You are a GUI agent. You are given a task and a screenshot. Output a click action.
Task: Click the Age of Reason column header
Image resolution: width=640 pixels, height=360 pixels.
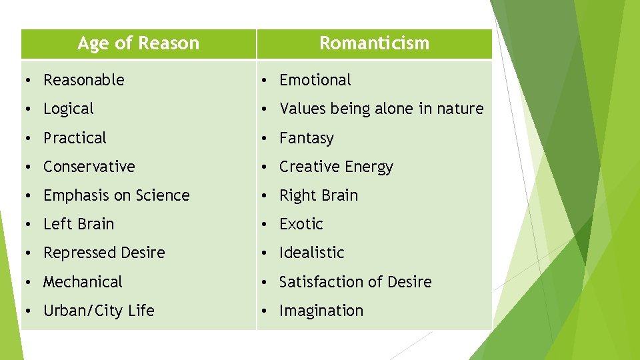138,43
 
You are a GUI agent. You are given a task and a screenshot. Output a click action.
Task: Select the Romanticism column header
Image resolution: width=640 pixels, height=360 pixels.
374,43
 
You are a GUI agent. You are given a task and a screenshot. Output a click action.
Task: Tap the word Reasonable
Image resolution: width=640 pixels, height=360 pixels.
84,80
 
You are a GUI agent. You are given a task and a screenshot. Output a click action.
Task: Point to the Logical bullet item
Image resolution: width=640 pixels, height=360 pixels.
69,109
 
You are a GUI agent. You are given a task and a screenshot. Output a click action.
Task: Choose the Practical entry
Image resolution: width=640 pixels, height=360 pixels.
75,138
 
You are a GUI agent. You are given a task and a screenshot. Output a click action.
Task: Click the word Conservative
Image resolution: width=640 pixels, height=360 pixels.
89,167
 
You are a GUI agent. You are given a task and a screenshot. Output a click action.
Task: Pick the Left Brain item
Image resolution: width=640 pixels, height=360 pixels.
79,224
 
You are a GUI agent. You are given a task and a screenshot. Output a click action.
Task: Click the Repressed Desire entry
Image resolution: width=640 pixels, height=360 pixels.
104,253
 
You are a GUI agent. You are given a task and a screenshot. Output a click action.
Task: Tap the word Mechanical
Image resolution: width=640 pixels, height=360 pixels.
83,282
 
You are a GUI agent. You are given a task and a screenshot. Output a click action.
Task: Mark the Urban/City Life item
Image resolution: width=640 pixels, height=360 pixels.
99,311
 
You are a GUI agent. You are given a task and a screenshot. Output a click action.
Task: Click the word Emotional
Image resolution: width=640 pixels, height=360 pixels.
315,80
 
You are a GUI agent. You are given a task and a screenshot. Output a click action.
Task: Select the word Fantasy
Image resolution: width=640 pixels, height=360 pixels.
307,138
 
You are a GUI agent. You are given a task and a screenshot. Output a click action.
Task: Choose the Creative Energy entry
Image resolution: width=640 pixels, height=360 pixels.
336,167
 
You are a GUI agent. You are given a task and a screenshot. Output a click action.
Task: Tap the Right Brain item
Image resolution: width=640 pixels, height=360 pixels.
319,195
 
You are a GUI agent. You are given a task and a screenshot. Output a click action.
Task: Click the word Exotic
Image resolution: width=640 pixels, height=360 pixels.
301,224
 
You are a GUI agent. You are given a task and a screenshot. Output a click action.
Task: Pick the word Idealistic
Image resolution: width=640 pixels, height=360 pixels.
312,253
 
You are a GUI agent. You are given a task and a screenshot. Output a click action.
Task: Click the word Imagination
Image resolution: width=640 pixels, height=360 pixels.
321,311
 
